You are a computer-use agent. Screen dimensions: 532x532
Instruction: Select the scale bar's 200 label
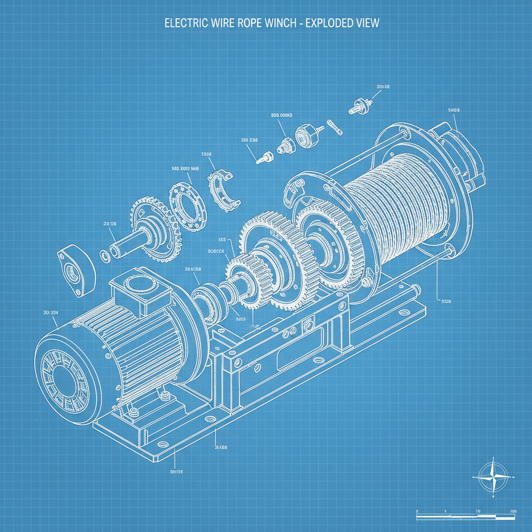click(513, 511)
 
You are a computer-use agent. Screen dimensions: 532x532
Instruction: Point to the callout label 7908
click(206, 155)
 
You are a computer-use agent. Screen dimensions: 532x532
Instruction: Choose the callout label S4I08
click(454, 110)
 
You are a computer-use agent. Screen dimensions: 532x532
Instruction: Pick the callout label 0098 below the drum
click(446, 301)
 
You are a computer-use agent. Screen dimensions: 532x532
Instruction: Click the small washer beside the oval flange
click(104, 255)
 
